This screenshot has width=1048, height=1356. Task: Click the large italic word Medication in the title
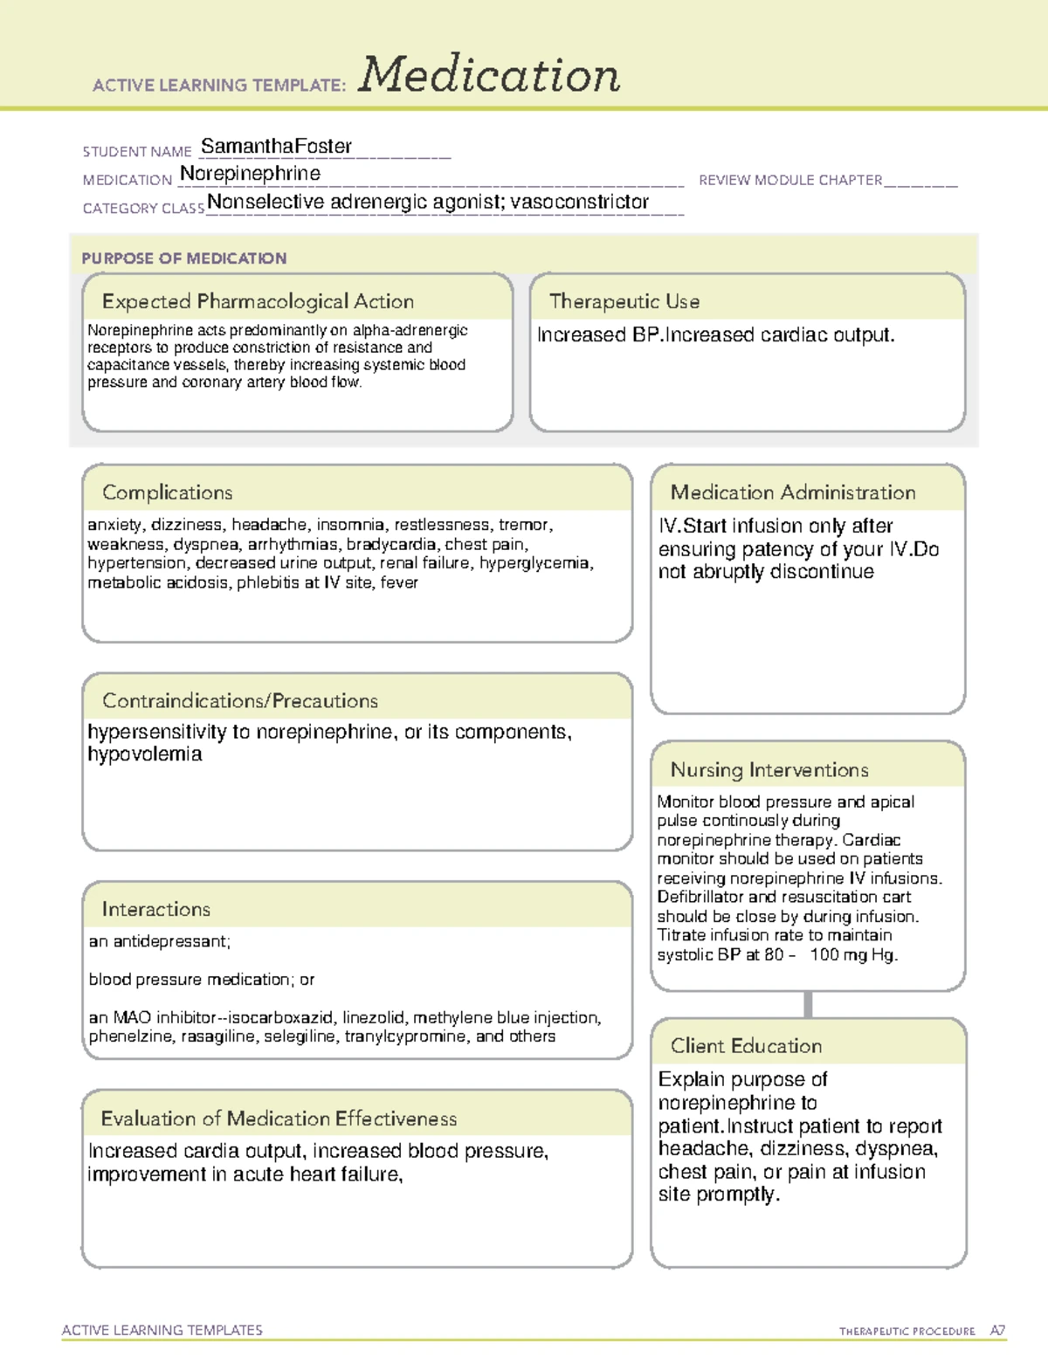489,75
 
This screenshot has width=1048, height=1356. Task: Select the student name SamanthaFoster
276,146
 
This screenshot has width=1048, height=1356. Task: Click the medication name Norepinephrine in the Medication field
250,174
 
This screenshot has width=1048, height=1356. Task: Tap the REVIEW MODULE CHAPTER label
790,180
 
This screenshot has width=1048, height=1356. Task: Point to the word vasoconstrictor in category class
580,202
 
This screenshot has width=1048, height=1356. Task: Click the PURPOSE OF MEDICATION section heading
184,258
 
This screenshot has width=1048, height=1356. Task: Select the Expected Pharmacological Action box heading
258,301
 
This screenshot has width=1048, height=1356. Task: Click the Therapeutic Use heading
624,301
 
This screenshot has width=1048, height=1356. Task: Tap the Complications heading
168,492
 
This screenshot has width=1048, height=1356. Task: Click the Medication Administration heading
793,492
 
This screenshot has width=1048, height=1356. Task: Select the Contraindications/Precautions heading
240,700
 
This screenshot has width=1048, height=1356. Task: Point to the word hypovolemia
145,754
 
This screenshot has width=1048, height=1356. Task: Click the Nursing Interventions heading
769,769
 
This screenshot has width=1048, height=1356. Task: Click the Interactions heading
156,909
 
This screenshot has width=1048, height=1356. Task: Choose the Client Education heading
746,1046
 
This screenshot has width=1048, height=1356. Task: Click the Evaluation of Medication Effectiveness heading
279,1119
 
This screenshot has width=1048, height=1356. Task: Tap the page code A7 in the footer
997,1331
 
